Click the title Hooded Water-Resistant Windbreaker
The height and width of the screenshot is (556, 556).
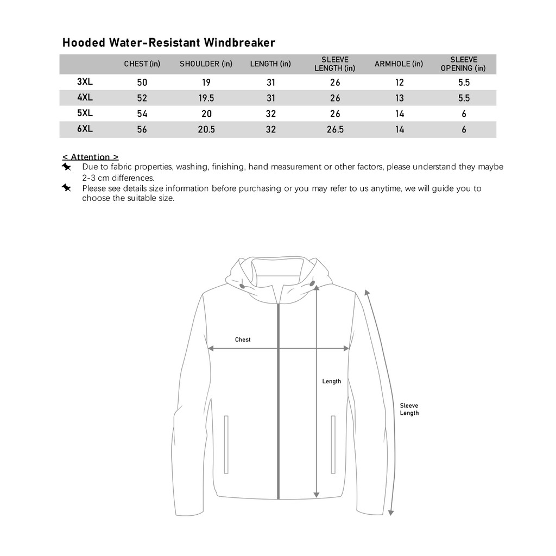169,42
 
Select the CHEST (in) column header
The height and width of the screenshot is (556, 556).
142,64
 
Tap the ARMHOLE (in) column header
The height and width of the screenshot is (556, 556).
399,64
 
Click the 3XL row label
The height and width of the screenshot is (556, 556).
85,81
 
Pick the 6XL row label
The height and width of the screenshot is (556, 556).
85,129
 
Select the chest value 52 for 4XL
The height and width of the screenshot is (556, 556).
142,98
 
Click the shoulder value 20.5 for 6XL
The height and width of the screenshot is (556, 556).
206,130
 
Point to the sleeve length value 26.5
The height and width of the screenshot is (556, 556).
335,130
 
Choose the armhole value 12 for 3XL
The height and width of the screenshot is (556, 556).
400,83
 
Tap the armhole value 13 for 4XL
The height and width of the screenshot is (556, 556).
400,98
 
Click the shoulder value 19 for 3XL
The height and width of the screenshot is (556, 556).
206,83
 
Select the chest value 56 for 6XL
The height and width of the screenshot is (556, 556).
142,130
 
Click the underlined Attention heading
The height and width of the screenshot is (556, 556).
91,157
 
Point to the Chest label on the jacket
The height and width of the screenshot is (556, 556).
243,339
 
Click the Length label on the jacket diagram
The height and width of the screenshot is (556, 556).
332,381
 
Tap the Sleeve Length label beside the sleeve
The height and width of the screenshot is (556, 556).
409,409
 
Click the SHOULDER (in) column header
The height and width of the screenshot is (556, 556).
206,64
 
